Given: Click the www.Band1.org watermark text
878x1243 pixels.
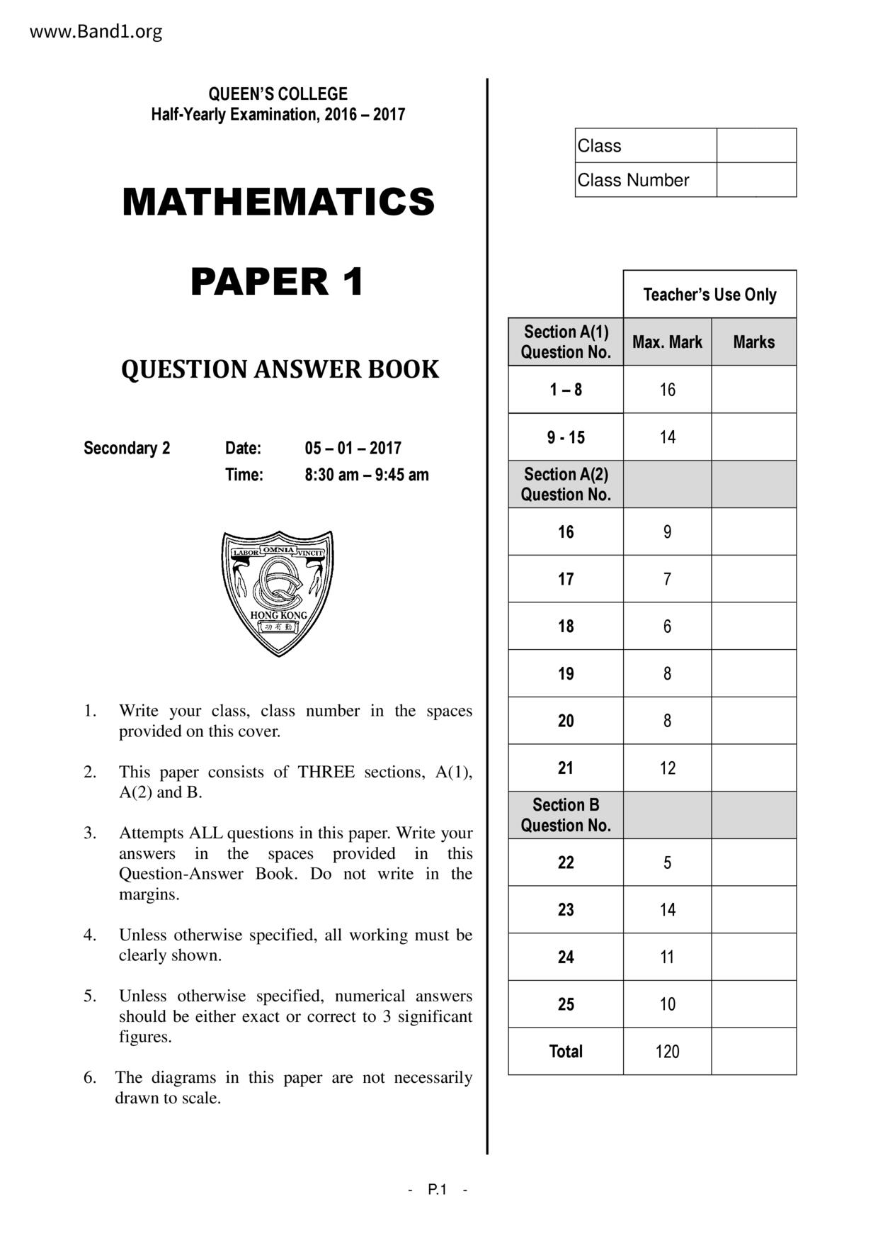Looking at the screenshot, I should click(96, 32).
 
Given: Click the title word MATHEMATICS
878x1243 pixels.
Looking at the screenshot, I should click(278, 201).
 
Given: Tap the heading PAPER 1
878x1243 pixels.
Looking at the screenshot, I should click(278, 281).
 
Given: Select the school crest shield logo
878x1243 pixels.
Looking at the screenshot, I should click(278, 592).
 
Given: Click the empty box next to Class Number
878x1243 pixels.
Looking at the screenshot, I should click(756, 180).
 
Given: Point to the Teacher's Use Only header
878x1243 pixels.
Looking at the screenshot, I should click(709, 295).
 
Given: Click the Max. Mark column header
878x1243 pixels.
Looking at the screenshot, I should click(667, 342).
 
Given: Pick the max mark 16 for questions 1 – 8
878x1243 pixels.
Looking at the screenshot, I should click(667, 390).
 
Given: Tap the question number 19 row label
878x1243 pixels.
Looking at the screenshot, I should click(566, 673).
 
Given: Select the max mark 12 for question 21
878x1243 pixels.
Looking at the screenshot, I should click(667, 768).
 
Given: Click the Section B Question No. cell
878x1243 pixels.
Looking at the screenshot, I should click(566, 815).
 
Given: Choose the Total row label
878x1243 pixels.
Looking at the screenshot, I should click(566, 1052).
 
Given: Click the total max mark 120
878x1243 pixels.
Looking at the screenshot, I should click(667, 1052).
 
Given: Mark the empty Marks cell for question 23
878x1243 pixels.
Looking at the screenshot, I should click(753, 910).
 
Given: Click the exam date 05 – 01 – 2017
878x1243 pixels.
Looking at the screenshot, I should click(353, 448).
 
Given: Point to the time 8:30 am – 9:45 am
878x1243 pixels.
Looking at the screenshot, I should click(367, 475).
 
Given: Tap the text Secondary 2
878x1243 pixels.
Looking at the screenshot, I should click(127, 448).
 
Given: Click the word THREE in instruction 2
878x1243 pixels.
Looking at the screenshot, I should click(326, 772).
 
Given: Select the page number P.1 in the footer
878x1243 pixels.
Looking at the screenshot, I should click(438, 1190).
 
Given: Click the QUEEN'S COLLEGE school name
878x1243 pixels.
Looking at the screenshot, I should click(278, 94).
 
